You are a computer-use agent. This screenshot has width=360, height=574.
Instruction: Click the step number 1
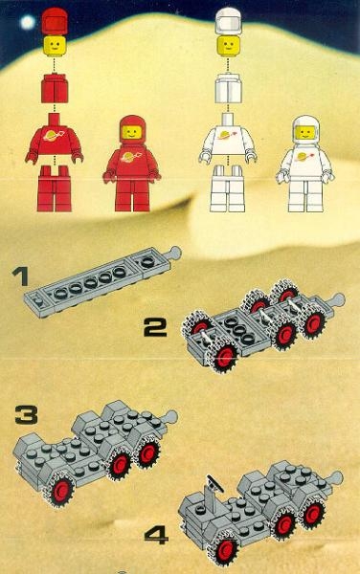tap(20, 276)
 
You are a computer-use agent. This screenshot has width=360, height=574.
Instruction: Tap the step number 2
tap(155, 327)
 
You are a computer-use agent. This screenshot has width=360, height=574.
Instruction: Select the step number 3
tap(27, 415)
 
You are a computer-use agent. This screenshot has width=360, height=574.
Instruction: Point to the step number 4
tap(156, 535)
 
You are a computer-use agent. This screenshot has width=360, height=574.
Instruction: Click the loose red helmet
tap(55, 21)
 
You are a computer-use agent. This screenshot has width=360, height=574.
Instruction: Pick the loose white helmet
tap(228, 21)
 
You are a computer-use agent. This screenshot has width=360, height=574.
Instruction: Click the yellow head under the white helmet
tap(228, 45)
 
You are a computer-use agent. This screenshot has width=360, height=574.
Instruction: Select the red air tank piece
tap(55, 88)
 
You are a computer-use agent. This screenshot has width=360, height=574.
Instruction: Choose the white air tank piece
tap(229, 88)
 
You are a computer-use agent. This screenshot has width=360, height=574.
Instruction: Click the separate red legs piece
tap(55, 188)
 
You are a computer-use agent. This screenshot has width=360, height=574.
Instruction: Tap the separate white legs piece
tap(228, 188)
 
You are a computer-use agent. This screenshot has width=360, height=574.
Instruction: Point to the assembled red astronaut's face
tap(132, 132)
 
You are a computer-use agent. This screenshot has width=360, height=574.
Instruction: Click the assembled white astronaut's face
tap(305, 132)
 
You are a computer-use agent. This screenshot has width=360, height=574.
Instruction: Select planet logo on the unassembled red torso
tap(55, 136)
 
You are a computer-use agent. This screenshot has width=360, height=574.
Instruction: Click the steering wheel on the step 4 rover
tap(214, 483)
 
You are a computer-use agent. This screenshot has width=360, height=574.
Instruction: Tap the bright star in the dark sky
tap(28, 22)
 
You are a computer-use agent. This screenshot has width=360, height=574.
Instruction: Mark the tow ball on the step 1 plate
tap(175, 251)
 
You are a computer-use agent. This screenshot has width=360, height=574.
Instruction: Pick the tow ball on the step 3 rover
tap(171, 415)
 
